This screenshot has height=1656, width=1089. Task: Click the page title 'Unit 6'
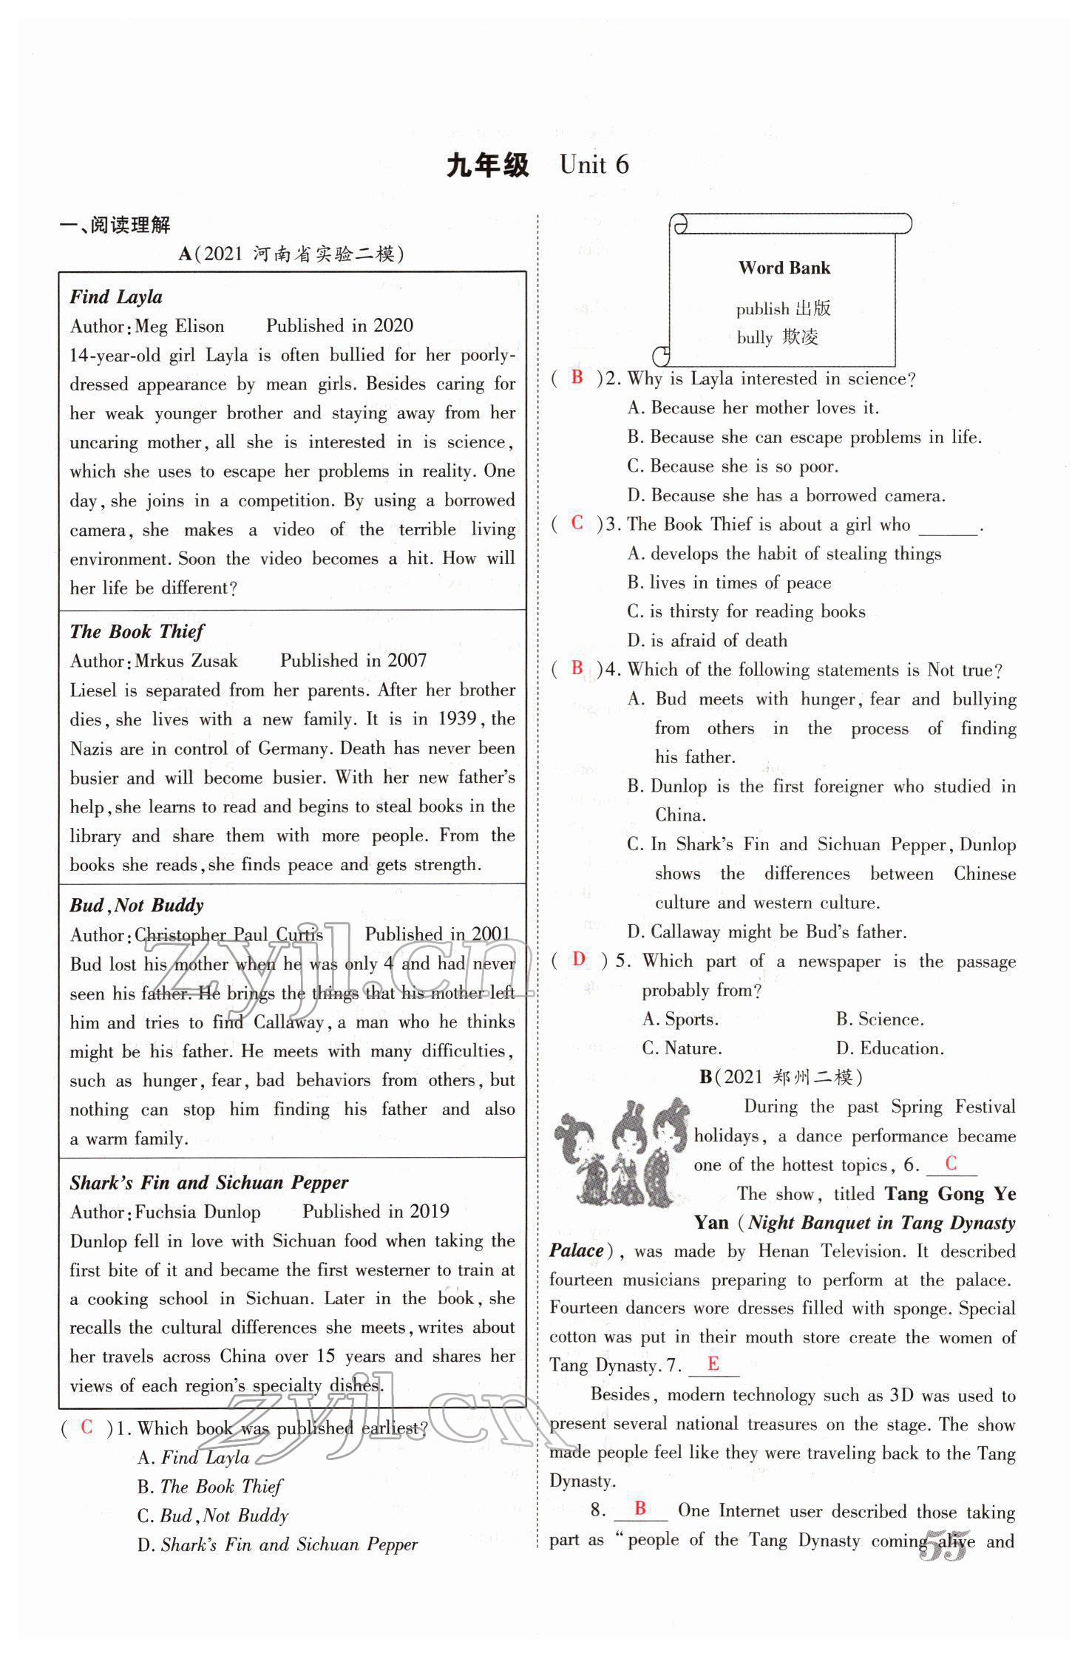click(x=594, y=165)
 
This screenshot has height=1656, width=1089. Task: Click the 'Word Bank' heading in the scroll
click(x=784, y=268)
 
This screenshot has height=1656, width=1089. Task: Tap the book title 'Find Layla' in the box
click(x=116, y=296)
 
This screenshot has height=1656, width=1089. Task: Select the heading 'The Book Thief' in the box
click(x=137, y=631)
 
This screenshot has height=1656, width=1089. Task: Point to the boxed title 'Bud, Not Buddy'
click(x=137, y=905)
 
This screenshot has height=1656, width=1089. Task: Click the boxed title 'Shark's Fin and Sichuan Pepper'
click(x=208, y=1182)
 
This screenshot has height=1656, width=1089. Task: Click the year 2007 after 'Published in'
click(x=407, y=660)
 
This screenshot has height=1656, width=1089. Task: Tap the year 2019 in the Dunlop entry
click(x=429, y=1211)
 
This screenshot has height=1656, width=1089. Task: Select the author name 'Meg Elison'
click(x=180, y=326)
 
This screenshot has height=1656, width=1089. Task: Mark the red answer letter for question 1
click(x=86, y=1427)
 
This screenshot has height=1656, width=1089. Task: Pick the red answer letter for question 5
click(x=579, y=959)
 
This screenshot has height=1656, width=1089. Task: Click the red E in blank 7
click(x=713, y=1364)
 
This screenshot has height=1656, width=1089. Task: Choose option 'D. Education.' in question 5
click(x=889, y=1048)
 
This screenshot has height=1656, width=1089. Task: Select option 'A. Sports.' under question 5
click(x=680, y=1019)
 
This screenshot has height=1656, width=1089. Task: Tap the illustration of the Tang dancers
click(x=621, y=1153)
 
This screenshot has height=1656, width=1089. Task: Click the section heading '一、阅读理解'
click(x=115, y=225)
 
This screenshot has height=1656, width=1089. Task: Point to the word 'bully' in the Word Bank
click(x=754, y=338)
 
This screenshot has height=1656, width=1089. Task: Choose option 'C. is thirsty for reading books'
click(x=746, y=611)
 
